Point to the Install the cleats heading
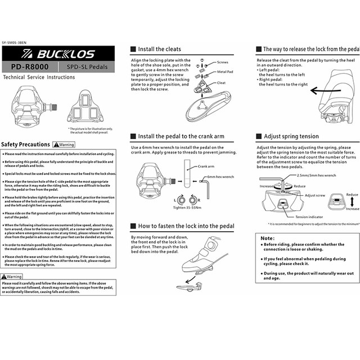coord(159,49)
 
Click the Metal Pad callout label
coord(227,73)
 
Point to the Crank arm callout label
coord(206,167)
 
